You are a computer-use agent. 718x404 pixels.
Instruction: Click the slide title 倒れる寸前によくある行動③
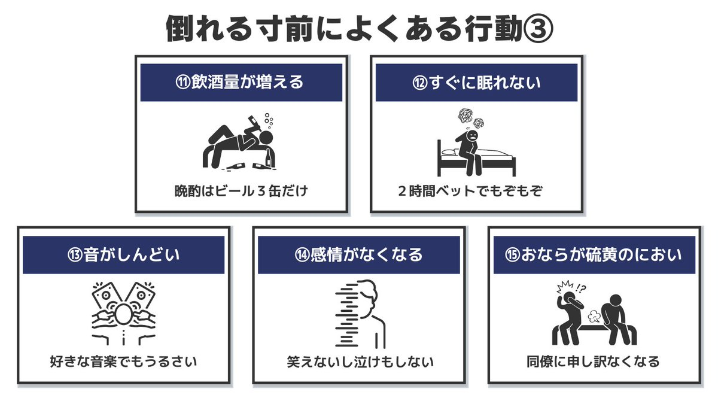pos(359,29)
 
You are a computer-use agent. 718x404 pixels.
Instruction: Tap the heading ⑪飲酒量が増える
pos(241,83)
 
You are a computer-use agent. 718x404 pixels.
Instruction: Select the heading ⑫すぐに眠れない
pos(476,83)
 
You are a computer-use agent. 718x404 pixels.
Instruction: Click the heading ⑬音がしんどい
pos(124,254)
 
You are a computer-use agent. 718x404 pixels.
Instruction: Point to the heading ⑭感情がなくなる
pos(359,254)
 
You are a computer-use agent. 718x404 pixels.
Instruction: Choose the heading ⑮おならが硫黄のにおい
pos(594,254)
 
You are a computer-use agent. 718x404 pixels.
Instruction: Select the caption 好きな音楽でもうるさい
pos(124,362)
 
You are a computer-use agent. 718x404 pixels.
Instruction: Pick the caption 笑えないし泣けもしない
pos(359,362)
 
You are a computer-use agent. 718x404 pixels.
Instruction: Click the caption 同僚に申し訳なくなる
pos(594,362)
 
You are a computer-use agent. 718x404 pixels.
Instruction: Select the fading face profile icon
pos(362,314)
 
